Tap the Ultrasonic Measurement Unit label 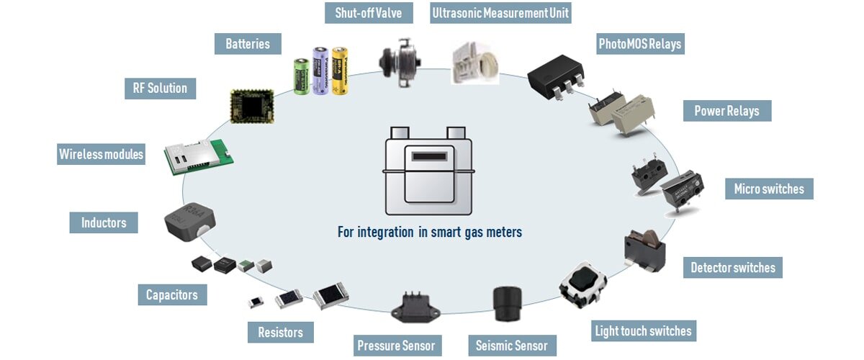pos(500,13)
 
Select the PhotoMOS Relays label pos(639,45)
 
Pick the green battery pos(301,76)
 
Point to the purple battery pos(320,70)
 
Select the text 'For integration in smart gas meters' pos(430,233)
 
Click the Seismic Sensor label pos(512,346)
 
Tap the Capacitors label pos(172,294)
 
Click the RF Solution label pos(160,88)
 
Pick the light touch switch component pos(582,287)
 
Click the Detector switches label pos(732,268)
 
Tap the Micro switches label pos(769,189)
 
